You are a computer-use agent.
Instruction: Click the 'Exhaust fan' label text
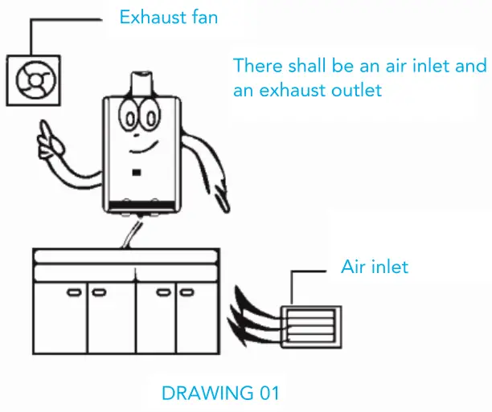coord(169,16)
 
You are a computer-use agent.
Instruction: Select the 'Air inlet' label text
coord(375,267)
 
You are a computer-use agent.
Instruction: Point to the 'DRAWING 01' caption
coord(220,394)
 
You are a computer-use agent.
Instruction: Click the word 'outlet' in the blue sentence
coord(352,91)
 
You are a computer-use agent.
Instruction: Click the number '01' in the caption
coord(267,394)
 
